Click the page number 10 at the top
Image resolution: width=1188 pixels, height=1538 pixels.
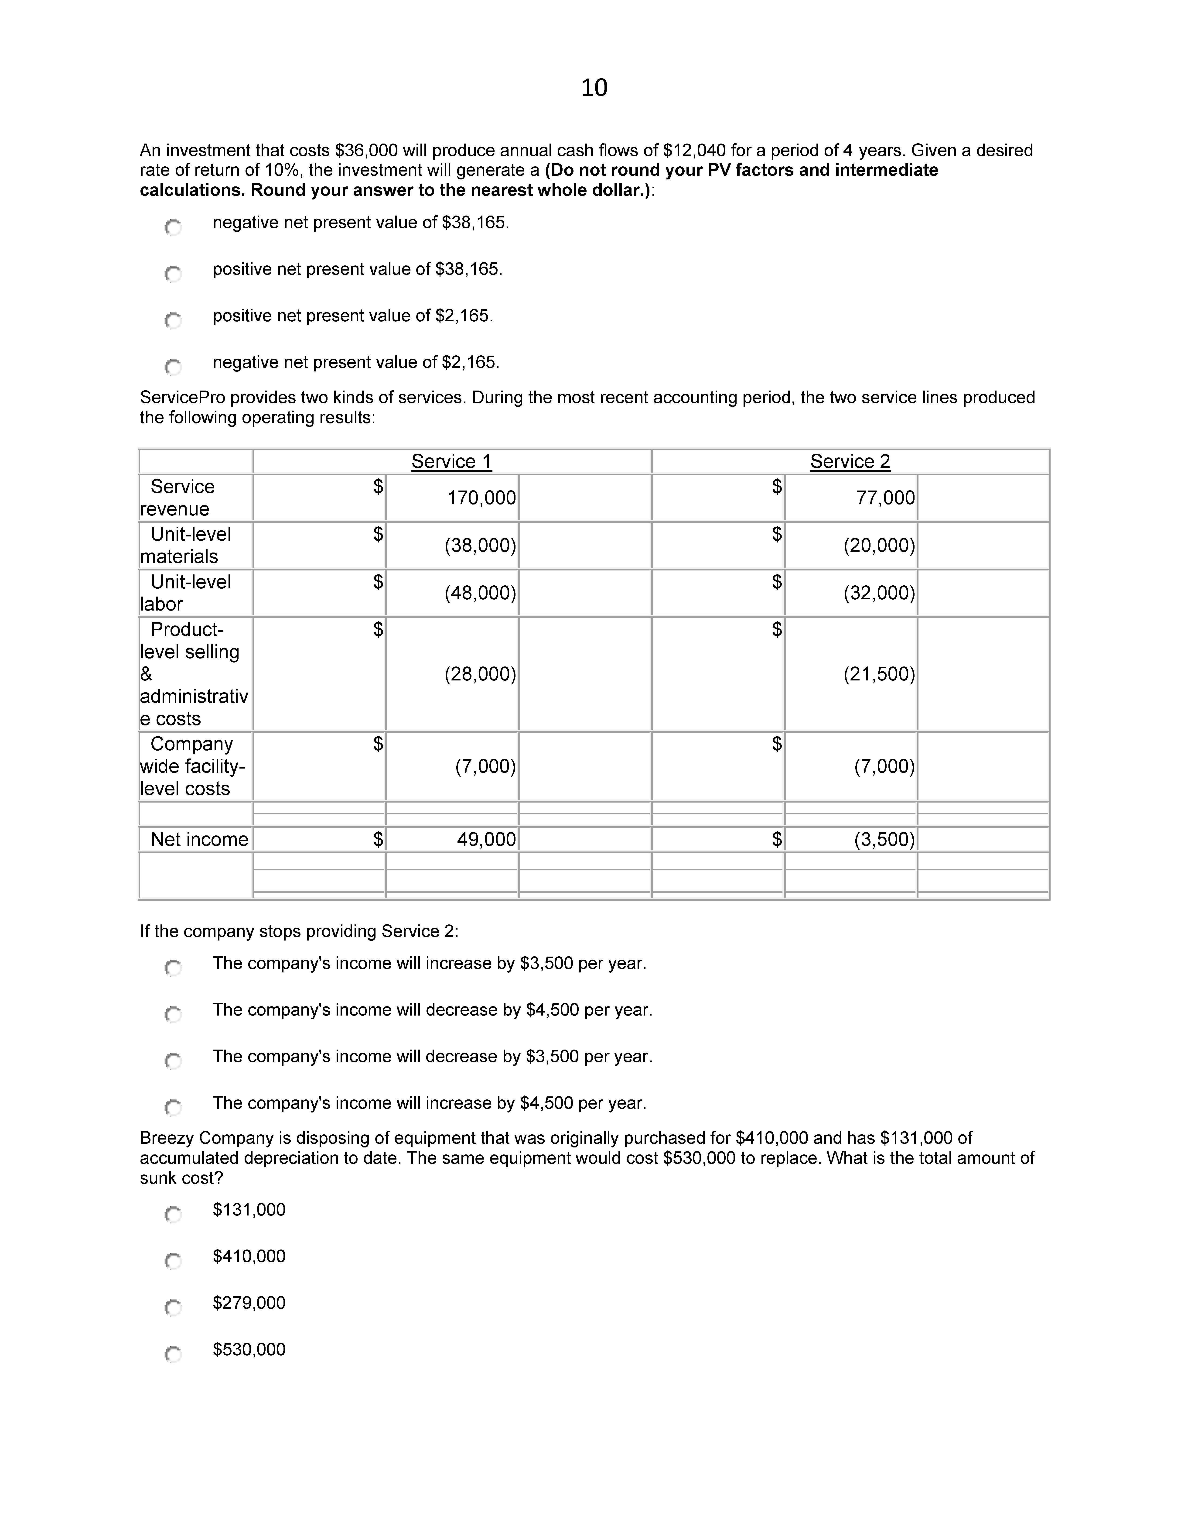pyautogui.click(x=594, y=88)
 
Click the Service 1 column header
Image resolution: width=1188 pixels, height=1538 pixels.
pyautogui.click(x=451, y=462)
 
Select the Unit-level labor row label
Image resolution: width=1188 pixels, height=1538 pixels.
pyautogui.click(x=186, y=593)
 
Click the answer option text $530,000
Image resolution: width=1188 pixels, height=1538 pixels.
pyautogui.click(x=249, y=1349)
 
